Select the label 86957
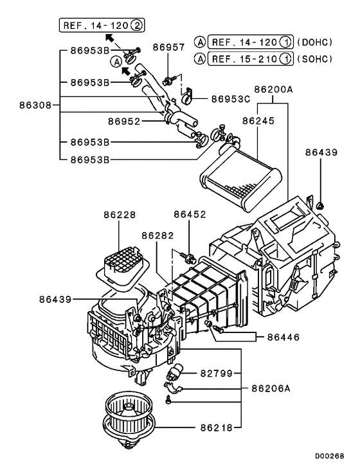pyautogui.click(x=168, y=48)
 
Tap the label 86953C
pyautogui.click(x=225, y=100)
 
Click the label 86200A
pyautogui.click(x=273, y=90)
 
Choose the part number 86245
pyautogui.click(x=257, y=120)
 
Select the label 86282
pyautogui.click(x=159, y=237)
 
